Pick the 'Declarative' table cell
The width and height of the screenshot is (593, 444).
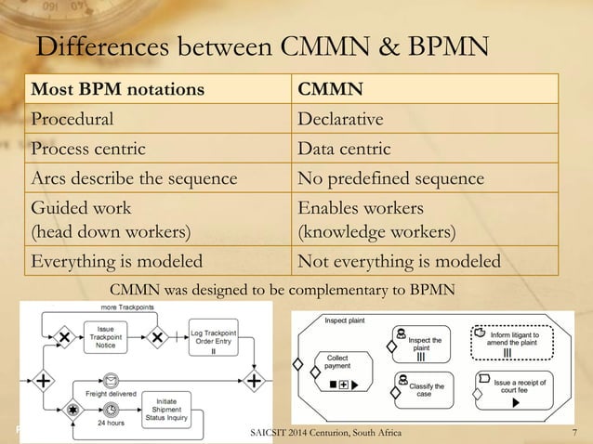tap(340, 120)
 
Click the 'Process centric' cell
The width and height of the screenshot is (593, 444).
tap(89, 149)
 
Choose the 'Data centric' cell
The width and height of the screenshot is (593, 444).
tap(343, 149)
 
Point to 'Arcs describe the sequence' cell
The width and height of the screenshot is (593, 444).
tap(135, 178)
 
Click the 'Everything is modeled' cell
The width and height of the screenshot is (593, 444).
tap(118, 262)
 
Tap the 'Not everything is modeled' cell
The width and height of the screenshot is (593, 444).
tap(399, 262)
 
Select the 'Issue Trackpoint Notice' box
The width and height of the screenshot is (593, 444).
tap(106, 337)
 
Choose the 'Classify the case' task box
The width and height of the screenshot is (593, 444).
tap(424, 387)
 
